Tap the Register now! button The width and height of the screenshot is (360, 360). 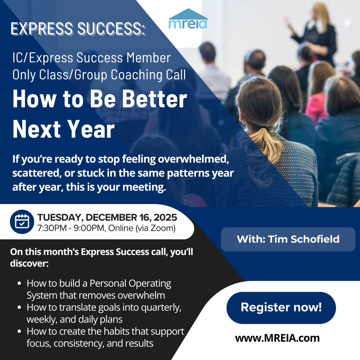point(281,308)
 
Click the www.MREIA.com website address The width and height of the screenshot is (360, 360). point(277,338)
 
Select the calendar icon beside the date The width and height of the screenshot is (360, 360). point(22,222)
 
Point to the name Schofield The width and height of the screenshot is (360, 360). point(315,239)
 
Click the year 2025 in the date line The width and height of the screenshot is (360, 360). point(165,217)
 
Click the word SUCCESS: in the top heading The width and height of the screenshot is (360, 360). point(111,29)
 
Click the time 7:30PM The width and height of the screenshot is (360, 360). point(52,228)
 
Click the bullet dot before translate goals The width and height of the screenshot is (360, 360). point(19,307)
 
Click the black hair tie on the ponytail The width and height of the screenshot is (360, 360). point(265,127)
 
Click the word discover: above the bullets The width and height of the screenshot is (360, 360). point(29,263)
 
